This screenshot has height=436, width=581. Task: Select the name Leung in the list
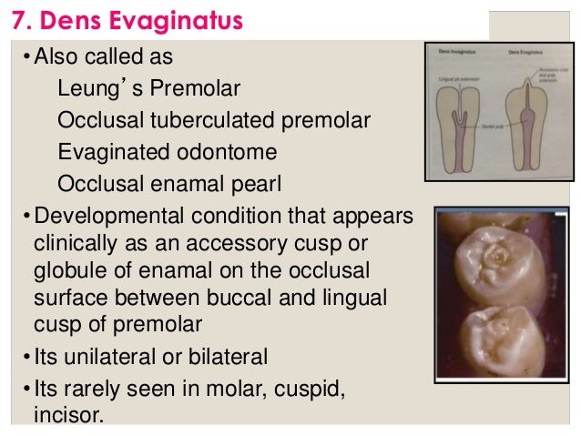87,89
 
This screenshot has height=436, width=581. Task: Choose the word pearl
257,184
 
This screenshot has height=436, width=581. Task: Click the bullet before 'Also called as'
26,58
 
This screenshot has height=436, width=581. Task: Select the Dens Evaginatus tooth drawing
528,114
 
